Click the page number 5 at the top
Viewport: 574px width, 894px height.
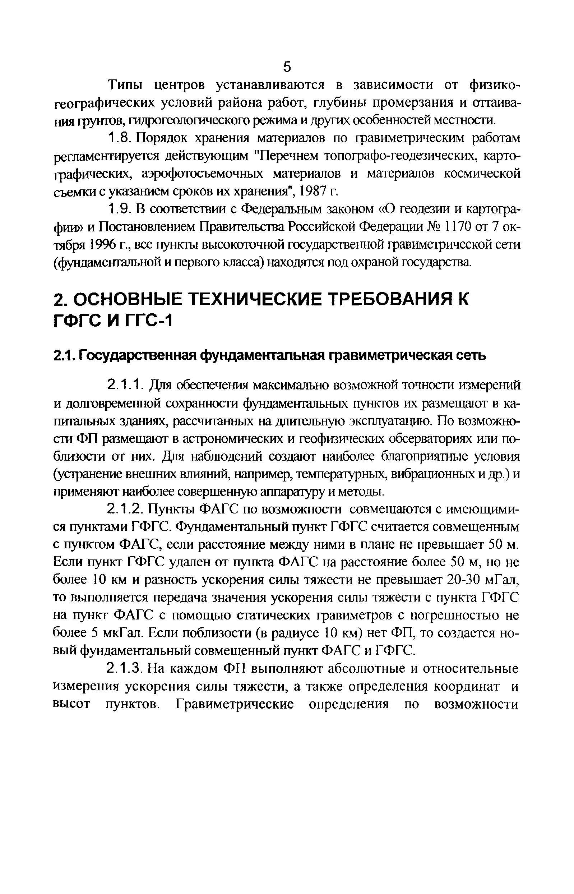click(287, 67)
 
